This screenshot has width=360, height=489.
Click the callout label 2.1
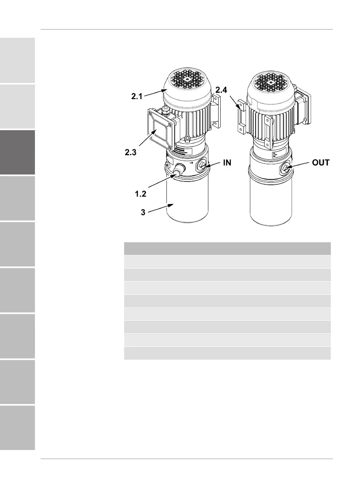click(x=137, y=96)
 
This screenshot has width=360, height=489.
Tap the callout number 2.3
click(x=131, y=152)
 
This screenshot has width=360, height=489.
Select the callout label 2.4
click(x=221, y=90)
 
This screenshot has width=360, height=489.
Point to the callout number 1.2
click(x=141, y=194)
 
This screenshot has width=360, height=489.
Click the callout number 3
click(x=143, y=212)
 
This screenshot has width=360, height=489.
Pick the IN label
click(x=227, y=163)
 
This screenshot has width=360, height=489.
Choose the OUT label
click(x=321, y=163)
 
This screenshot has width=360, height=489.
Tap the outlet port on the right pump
click(x=285, y=168)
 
